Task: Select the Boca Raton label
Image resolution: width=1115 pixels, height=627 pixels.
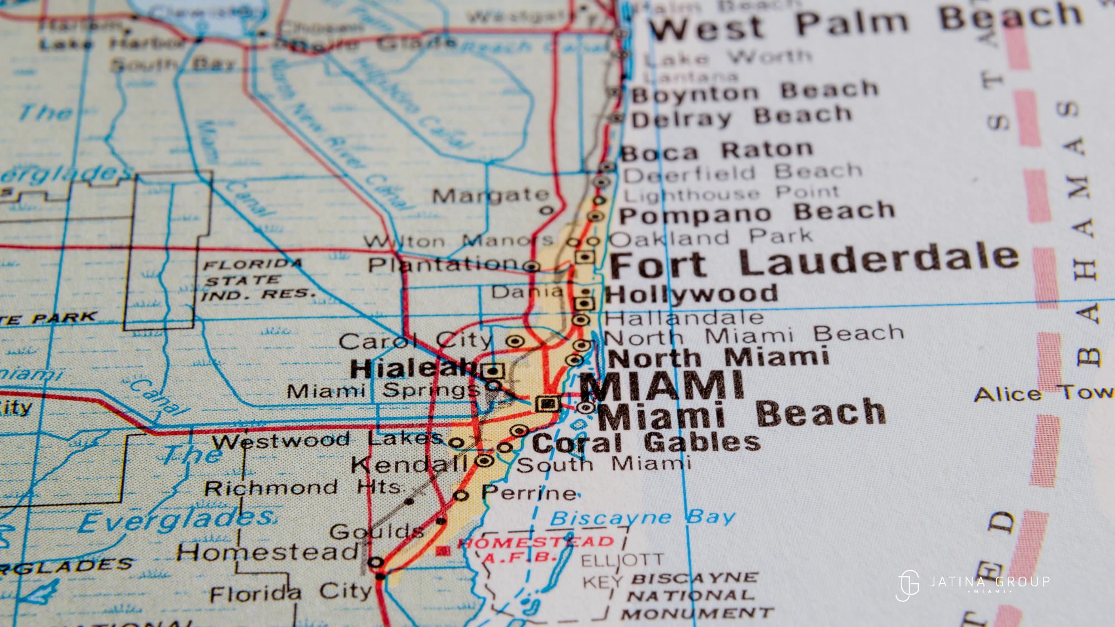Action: pyautogui.click(x=716, y=151)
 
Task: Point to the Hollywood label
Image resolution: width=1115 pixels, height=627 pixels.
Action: pyautogui.click(x=691, y=294)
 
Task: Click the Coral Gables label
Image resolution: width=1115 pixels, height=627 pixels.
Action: pyautogui.click(x=647, y=443)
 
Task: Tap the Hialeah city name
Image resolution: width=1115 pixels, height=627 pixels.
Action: pyautogui.click(x=413, y=368)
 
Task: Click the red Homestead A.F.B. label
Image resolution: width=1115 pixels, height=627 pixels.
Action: pyautogui.click(x=535, y=549)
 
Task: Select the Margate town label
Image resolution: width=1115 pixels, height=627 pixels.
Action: pyautogui.click(x=491, y=195)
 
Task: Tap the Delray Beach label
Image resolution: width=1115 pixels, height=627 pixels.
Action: pyautogui.click(x=741, y=117)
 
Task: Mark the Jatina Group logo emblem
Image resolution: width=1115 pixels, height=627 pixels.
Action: pyautogui.click(x=908, y=585)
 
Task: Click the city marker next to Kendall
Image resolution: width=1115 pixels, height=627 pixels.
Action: pyautogui.click(x=484, y=461)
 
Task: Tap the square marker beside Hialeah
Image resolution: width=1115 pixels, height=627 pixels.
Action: pyautogui.click(x=493, y=371)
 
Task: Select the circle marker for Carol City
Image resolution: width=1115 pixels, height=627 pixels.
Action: pyautogui.click(x=515, y=341)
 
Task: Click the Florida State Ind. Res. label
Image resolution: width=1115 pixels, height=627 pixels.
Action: pyautogui.click(x=256, y=279)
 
